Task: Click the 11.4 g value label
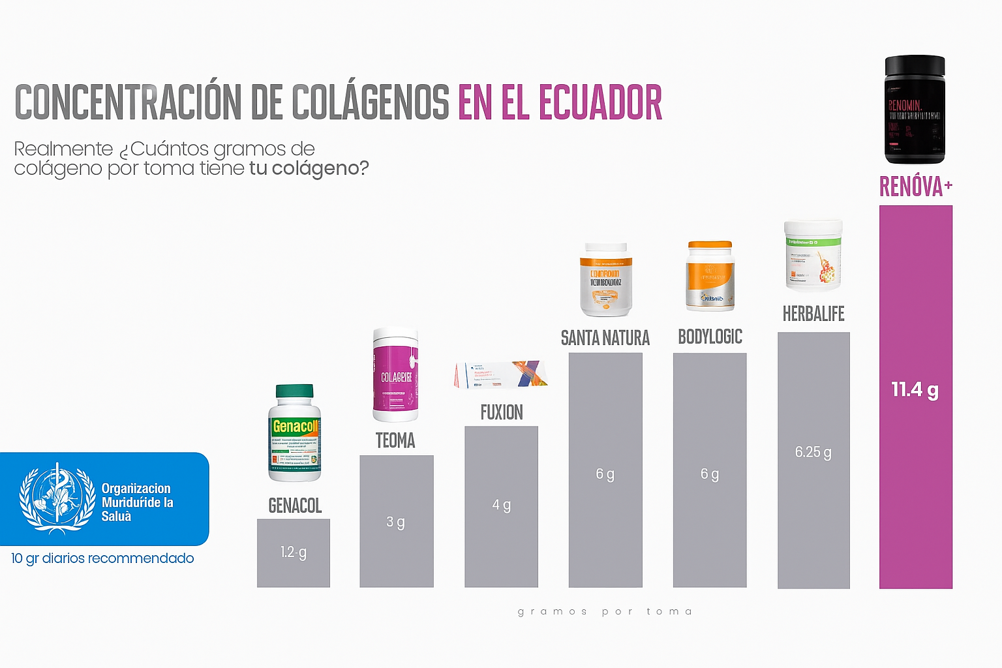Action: pyautogui.click(x=915, y=390)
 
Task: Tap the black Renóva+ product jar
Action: pyautogui.click(x=915, y=109)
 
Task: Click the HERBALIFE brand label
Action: pyautogui.click(x=813, y=314)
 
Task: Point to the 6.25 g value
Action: pyautogui.click(x=813, y=452)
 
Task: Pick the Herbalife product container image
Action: pyautogui.click(x=813, y=255)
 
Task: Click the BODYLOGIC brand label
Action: pyautogui.click(x=710, y=337)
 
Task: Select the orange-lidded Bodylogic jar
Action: pyautogui.click(x=710, y=276)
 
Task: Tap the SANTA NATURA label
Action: pyautogui.click(x=605, y=338)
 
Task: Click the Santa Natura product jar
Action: pyautogui.click(x=606, y=280)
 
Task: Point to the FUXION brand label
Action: pyautogui.click(x=502, y=412)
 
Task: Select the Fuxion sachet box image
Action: pyautogui.click(x=501, y=374)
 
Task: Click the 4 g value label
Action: pyautogui.click(x=501, y=505)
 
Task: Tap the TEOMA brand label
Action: pyautogui.click(x=395, y=440)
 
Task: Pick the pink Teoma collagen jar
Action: pyautogui.click(x=395, y=374)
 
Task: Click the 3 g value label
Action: pyautogui.click(x=395, y=522)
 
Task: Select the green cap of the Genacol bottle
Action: pyautogui.click(x=294, y=391)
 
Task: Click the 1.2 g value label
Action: pyautogui.click(x=294, y=553)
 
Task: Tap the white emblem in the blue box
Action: pyautogui.click(x=57, y=498)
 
